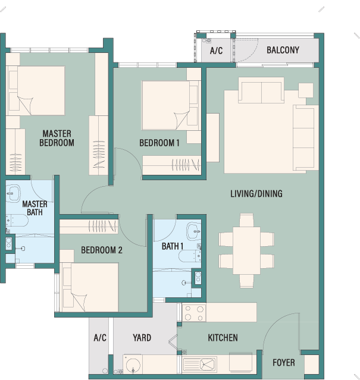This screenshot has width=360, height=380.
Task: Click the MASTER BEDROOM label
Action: pyautogui.click(x=57, y=138)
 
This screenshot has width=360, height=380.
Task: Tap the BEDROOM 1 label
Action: pyautogui.click(x=159, y=143)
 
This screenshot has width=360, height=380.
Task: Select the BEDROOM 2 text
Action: pyautogui.click(x=102, y=250)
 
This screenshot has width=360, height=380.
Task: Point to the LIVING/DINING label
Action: pyautogui.click(x=256, y=194)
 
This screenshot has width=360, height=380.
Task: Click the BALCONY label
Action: pyautogui.click(x=283, y=50)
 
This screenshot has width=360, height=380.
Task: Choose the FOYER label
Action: pyautogui.click(x=284, y=363)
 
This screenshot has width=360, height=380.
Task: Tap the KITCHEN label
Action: pyautogui.click(x=223, y=338)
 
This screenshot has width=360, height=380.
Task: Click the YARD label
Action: pyautogui.click(x=142, y=338)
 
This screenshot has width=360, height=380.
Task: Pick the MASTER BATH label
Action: pyautogui.click(x=35, y=208)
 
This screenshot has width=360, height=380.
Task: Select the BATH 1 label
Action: pyautogui.click(x=173, y=246)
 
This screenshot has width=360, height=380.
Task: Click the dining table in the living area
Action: pyautogui.click(x=246, y=250)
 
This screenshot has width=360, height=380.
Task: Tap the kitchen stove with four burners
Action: pyautogui.click(x=194, y=313)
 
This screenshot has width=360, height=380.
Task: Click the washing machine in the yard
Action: pyautogui.click(x=133, y=365)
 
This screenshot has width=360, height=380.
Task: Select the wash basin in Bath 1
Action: pyautogui.click(x=194, y=231)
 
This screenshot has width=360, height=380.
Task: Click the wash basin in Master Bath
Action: pyautogui.click(x=13, y=193)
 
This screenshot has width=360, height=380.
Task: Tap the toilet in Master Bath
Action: pyautogui.click(x=17, y=220)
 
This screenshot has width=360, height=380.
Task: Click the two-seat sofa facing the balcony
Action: pyautogui.click(x=261, y=90)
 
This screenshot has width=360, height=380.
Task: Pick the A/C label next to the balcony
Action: pyautogui.click(x=216, y=51)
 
